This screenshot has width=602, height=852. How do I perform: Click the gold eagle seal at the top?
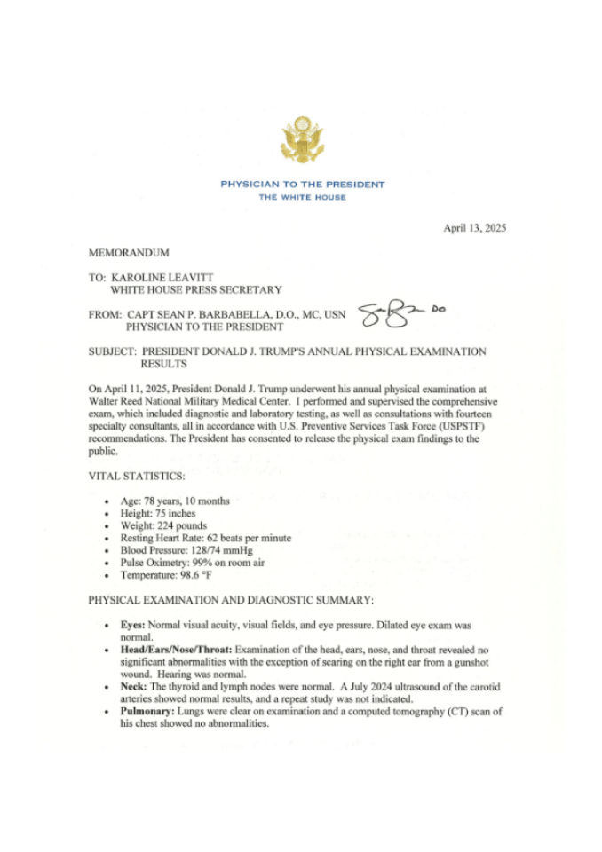pos(302,139)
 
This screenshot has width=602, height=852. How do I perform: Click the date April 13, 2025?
pos(474,228)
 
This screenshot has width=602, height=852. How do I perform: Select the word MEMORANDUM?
pos(129,254)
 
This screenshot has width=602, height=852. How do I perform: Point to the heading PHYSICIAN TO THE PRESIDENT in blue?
pos(302,185)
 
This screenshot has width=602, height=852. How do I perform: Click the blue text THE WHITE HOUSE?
pos(302,197)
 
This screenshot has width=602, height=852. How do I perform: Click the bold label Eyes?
pos(133,625)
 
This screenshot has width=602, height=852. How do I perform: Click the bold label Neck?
pos(134,687)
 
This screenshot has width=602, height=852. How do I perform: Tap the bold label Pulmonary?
pos(147,712)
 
